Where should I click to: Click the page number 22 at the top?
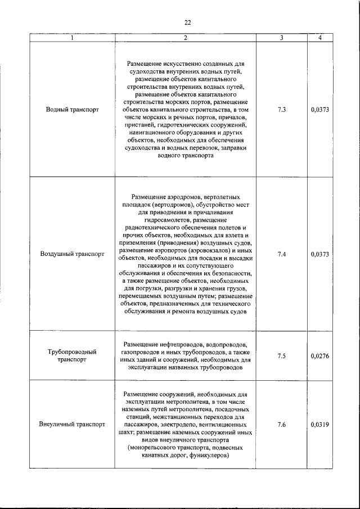click(187, 22)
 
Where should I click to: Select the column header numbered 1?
click(72, 38)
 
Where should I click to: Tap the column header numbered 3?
click(281, 38)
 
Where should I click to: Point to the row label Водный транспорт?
click(72, 110)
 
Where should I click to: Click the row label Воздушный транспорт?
click(72, 254)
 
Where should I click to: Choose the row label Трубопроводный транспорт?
click(72, 355)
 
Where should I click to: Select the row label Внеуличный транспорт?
click(72, 425)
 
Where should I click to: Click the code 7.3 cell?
click(281, 110)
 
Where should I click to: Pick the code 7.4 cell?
click(281, 254)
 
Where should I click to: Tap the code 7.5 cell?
click(281, 355)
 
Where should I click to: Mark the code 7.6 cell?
click(281, 425)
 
